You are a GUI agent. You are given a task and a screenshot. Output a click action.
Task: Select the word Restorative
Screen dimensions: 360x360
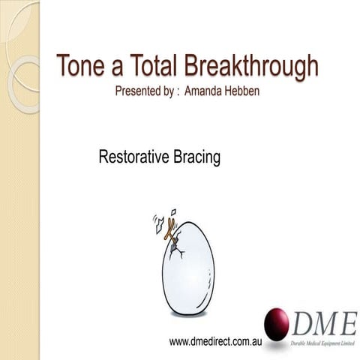pos(133,158)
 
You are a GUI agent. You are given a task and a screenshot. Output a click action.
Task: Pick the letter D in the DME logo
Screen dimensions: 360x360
pos(303,323)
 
